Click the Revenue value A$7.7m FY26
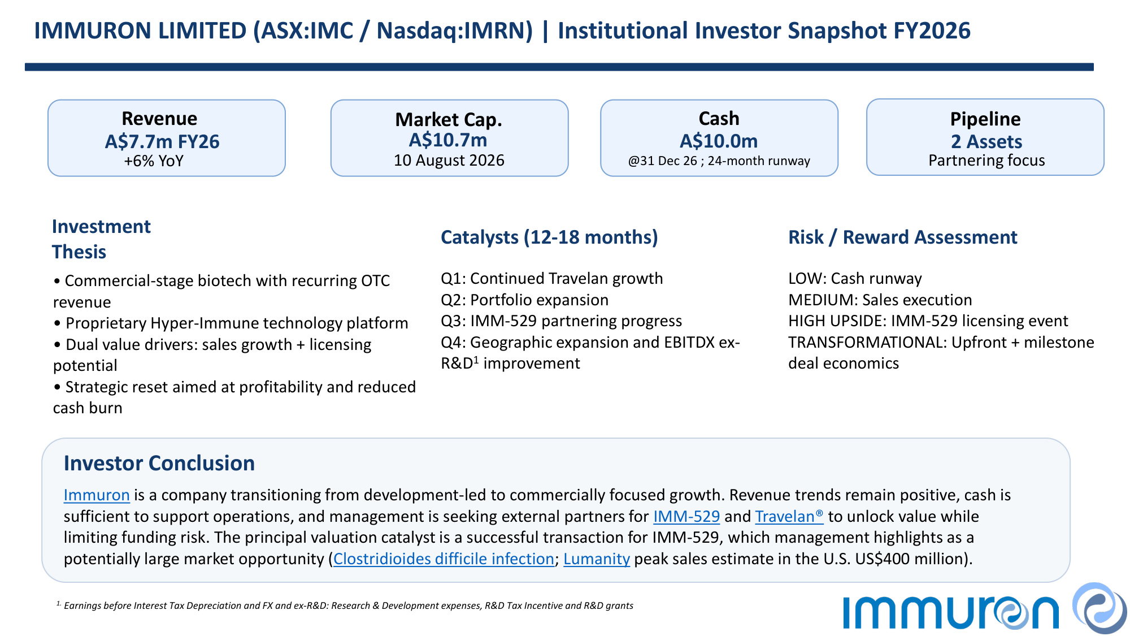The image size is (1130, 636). [x=162, y=141]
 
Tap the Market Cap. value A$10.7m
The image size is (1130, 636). [x=448, y=140]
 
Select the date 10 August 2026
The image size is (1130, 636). [x=449, y=161]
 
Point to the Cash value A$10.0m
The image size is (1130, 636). [x=719, y=141]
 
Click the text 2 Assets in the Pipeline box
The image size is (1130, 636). [x=986, y=141]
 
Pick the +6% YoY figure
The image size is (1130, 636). [x=154, y=161]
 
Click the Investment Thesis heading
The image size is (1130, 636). [x=101, y=239]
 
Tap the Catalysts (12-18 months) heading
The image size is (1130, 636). [x=549, y=237]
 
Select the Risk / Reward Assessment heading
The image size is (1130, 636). [x=903, y=237]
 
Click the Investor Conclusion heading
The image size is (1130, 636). [x=159, y=463]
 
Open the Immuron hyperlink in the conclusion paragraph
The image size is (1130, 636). [x=97, y=495]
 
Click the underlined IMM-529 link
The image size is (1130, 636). [x=686, y=516]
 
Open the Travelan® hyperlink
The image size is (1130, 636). [x=789, y=516]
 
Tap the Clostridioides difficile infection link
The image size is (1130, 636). [x=444, y=559]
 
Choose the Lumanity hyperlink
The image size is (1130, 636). [x=597, y=559]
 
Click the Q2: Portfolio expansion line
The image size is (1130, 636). [x=525, y=300]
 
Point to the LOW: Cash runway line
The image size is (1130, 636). [x=855, y=279]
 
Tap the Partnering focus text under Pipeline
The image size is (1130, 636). [x=986, y=161]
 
